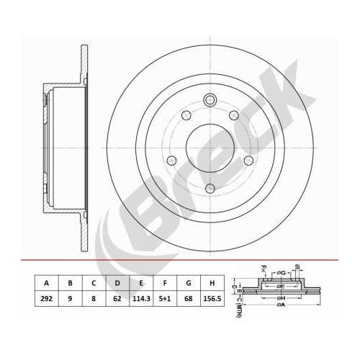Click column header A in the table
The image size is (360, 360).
coord(46,283)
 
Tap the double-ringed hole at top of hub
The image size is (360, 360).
coord(210,101)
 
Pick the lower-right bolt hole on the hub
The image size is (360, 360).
coord(248,161)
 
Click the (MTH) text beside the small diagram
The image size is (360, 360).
coord(236,310)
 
